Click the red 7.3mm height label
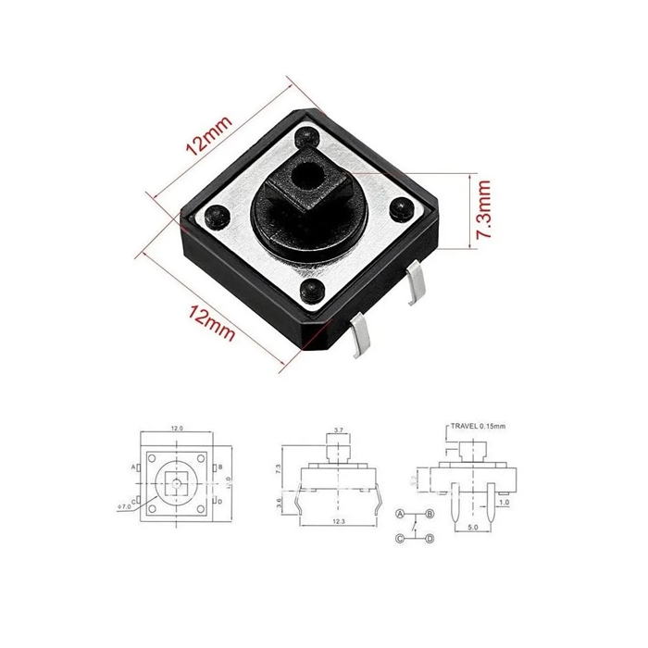pos(482,211)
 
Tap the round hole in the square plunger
pos(305,172)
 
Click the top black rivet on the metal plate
pos(305,139)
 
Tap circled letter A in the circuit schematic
pos(400,513)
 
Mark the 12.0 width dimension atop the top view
pos(177,429)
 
